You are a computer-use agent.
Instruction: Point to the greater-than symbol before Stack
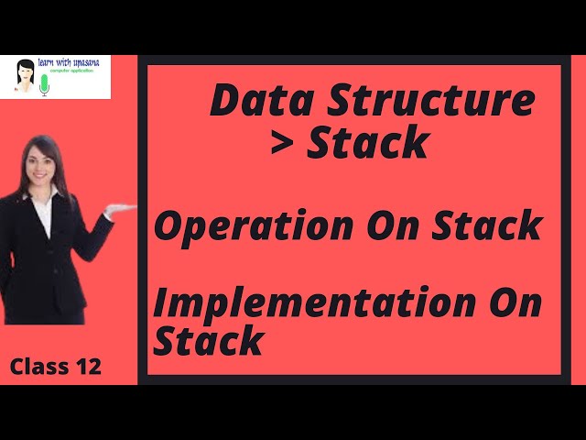[x=285, y=143]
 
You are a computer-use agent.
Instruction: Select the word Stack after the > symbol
[x=368, y=143]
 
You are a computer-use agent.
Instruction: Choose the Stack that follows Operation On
[x=486, y=225]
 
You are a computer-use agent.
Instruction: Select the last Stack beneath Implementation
[x=208, y=341]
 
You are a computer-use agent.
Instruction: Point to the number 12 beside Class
[x=88, y=368]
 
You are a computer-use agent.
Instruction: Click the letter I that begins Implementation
[x=162, y=303]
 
